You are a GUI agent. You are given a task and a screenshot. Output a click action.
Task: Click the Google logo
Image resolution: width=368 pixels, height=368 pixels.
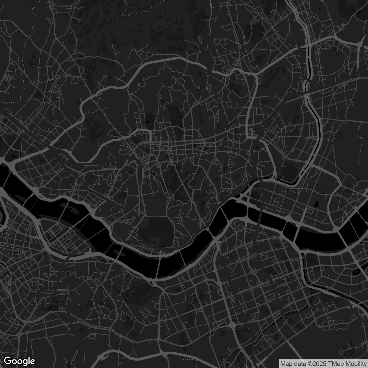[x=19, y=361]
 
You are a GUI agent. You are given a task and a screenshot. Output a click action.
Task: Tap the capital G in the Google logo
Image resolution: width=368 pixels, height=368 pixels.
[x=8, y=361]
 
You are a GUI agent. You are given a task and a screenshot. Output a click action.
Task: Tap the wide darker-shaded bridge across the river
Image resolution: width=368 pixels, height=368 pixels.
[x=260, y=218]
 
